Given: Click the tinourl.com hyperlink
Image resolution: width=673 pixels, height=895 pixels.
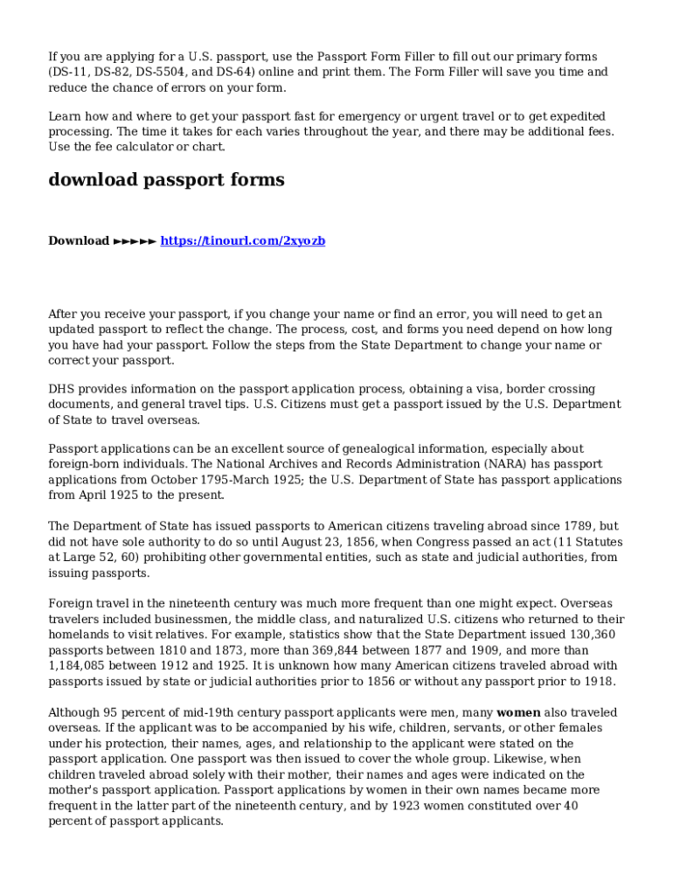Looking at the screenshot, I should (x=243, y=240).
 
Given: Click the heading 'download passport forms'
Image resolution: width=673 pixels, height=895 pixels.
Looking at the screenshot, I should (x=166, y=180).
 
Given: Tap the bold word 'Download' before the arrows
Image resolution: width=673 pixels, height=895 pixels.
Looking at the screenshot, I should (x=79, y=240).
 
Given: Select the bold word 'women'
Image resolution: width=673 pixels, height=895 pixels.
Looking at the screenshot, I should (x=518, y=712).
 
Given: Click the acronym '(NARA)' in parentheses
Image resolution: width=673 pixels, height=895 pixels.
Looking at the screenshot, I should (x=506, y=464).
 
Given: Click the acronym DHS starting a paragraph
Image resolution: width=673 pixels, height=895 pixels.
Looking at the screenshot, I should (x=62, y=389).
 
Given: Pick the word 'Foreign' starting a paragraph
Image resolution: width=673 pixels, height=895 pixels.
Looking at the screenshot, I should (x=71, y=603).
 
